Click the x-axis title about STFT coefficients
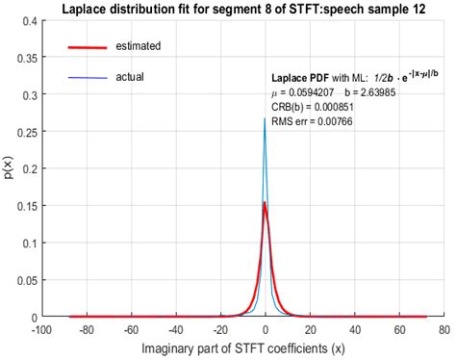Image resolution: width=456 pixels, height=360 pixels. pos(241,348)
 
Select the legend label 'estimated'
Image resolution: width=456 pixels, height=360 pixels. pos(138,46)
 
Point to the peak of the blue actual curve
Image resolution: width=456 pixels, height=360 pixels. pos(265,118)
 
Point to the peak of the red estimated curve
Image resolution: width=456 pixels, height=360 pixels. pos(266,203)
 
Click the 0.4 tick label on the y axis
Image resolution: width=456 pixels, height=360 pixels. pos(26,20)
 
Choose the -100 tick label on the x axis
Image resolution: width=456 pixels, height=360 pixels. pos(41,329)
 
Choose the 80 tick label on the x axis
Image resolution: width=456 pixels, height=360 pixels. pos(443,329)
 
